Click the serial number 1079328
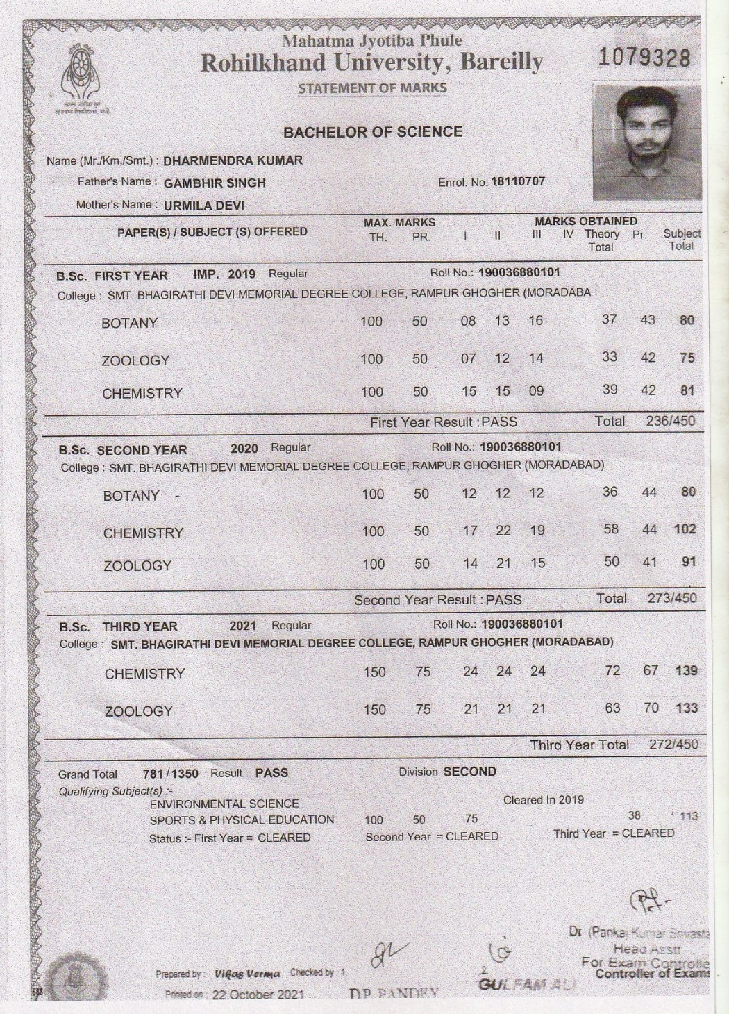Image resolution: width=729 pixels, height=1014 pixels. (x=644, y=57)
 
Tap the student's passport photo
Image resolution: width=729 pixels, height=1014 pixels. (x=646, y=142)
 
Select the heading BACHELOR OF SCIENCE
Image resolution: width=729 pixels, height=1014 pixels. (x=373, y=132)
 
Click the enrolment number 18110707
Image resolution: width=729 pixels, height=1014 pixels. (x=518, y=182)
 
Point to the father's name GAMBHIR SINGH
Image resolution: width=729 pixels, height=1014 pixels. (x=215, y=183)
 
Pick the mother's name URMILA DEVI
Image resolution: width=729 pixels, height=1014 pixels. (x=204, y=206)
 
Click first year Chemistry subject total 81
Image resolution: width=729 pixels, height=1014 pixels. (x=687, y=390)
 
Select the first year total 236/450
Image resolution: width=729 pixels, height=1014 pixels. (x=670, y=421)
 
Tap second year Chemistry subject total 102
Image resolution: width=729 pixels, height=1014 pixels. (x=685, y=529)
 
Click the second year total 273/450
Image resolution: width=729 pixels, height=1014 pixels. (x=671, y=598)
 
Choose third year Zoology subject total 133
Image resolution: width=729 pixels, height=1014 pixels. (x=686, y=708)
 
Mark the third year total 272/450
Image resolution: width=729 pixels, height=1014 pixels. (x=673, y=745)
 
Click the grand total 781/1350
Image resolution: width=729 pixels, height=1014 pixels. (x=170, y=774)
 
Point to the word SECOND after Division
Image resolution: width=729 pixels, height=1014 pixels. (x=470, y=772)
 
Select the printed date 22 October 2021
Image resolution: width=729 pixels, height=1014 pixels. (x=258, y=995)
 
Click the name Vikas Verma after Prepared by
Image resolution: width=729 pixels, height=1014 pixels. (x=247, y=974)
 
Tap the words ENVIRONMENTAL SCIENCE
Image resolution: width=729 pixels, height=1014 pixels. (x=224, y=804)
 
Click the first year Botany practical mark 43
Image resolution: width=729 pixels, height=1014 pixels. (x=647, y=320)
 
